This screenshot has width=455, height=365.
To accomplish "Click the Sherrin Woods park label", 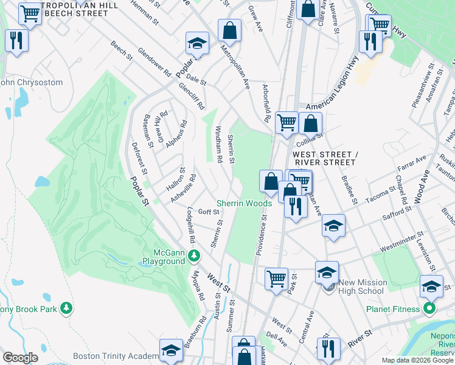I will pyautogui.click(x=245, y=203).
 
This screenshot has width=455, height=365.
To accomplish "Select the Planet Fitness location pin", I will pyautogui.click(x=429, y=308).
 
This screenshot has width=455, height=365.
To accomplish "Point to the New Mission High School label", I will pyautogui.click(x=361, y=287).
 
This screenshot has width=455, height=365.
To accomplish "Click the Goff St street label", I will pyautogui.click(x=208, y=212).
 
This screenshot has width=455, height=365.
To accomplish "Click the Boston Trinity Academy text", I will pyautogui.click(x=115, y=356).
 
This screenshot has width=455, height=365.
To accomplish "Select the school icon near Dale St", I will pyautogui.click(x=196, y=44).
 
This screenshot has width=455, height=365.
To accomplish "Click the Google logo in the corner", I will pyautogui.click(x=20, y=358).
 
